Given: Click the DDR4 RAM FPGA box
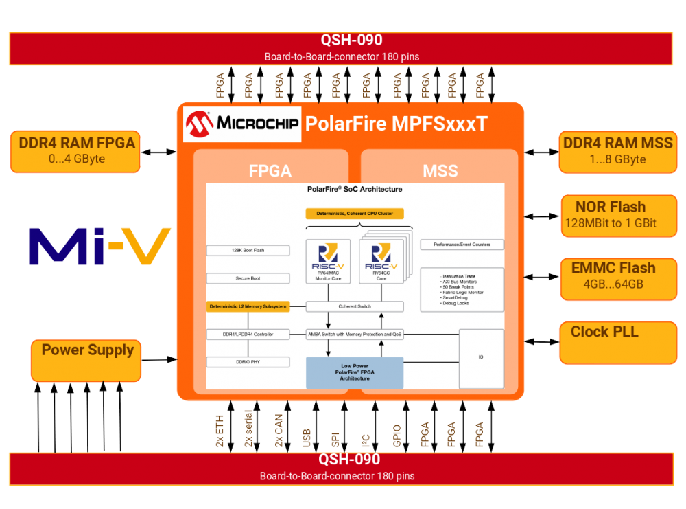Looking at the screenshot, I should [x=76, y=151].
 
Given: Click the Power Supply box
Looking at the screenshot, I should [x=86, y=359].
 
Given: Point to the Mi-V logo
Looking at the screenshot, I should [x=100, y=246].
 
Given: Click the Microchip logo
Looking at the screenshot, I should [x=242, y=124].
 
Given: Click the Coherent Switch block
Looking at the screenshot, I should [x=355, y=306].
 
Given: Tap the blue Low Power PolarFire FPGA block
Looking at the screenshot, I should [x=355, y=373].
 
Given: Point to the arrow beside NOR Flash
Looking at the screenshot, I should [x=542, y=216].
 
